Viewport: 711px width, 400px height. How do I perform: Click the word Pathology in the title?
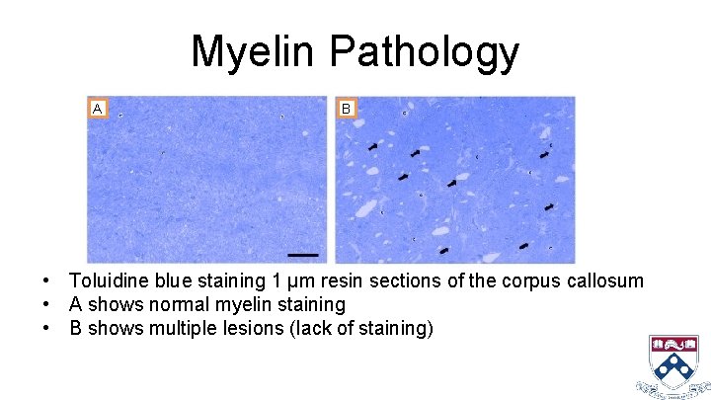(428, 52)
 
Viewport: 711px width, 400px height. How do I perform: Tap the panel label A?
(97, 108)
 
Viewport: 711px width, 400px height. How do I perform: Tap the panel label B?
(346, 108)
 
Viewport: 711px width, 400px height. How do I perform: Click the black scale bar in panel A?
(303, 255)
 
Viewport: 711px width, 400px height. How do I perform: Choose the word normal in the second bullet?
(183, 305)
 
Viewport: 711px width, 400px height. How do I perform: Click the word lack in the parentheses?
(304, 329)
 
